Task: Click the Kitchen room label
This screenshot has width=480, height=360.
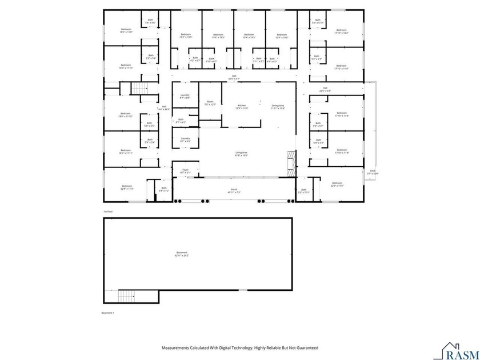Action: coord(242,107)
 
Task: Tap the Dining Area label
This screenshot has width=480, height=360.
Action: coord(278,107)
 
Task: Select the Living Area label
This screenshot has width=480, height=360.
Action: coord(242,154)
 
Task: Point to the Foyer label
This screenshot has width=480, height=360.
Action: coord(185,171)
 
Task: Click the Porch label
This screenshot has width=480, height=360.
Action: coord(234,191)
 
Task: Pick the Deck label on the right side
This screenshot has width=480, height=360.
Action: coord(373,171)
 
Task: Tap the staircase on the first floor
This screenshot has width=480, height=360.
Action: coord(140,88)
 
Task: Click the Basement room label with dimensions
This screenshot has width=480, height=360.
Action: coord(182,254)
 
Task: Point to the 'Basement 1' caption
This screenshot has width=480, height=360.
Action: coord(108,313)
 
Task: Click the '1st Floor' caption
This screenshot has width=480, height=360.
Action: coord(107,211)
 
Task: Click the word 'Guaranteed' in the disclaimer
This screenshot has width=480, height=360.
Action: coord(306,348)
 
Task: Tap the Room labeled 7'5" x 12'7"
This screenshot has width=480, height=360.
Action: coord(210,103)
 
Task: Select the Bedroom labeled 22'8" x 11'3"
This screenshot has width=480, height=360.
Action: coord(127,187)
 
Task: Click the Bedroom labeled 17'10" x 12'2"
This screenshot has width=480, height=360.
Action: coord(341,31)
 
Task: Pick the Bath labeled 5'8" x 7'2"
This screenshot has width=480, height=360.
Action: coord(164,189)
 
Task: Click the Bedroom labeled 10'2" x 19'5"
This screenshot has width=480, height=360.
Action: coord(186,36)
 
